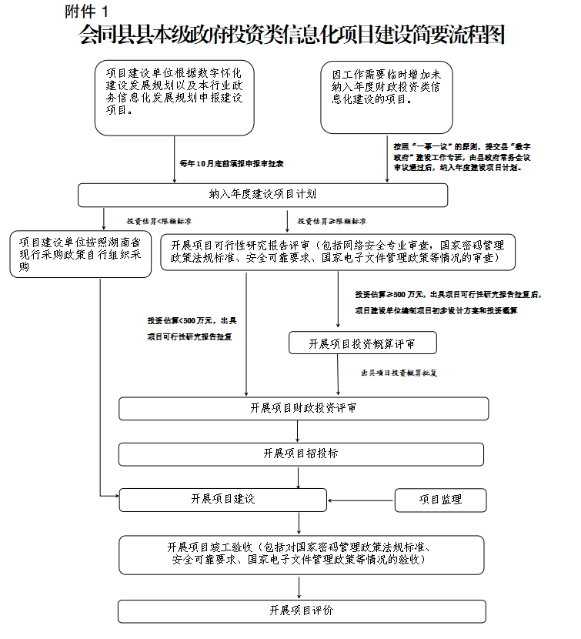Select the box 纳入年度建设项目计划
point(262,195)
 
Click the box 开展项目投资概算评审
point(362,343)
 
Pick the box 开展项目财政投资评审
point(303,408)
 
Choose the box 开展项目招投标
point(301,453)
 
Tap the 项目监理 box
point(440,500)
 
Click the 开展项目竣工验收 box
point(301,554)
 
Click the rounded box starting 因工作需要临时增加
point(386,97)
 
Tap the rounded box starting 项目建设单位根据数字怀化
point(174,97)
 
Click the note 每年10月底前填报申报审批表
point(232,163)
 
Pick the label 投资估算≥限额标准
point(332,221)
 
